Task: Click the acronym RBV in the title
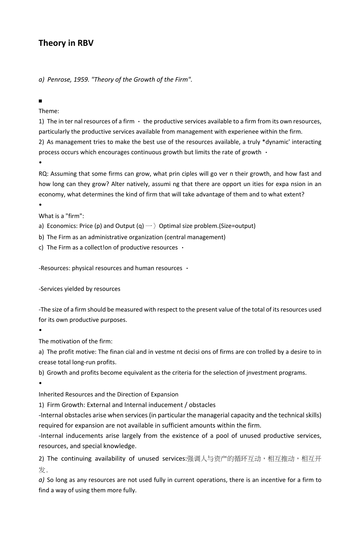coord(85,43)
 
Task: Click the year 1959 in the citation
coord(81,79)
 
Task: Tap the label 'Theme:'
coord(49,111)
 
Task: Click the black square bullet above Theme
coord(40,101)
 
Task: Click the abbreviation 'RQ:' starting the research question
coord(44,173)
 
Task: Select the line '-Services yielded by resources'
coord(79,289)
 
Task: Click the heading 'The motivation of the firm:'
coord(76,341)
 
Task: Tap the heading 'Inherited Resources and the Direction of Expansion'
coord(108,394)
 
